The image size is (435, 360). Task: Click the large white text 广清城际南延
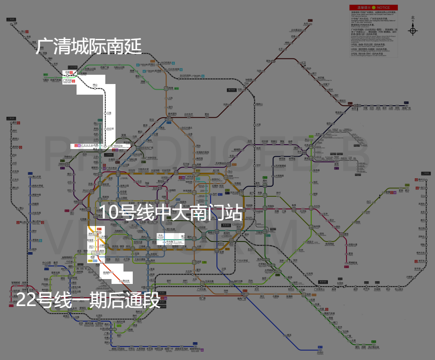click(x=89, y=46)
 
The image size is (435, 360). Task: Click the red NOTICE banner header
click(x=373, y=8)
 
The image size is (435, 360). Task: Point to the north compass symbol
click(x=413, y=29)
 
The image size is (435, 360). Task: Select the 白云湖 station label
click(x=110, y=129)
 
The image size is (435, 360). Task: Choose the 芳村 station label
click(x=91, y=234)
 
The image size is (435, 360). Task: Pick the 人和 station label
click(x=170, y=98)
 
